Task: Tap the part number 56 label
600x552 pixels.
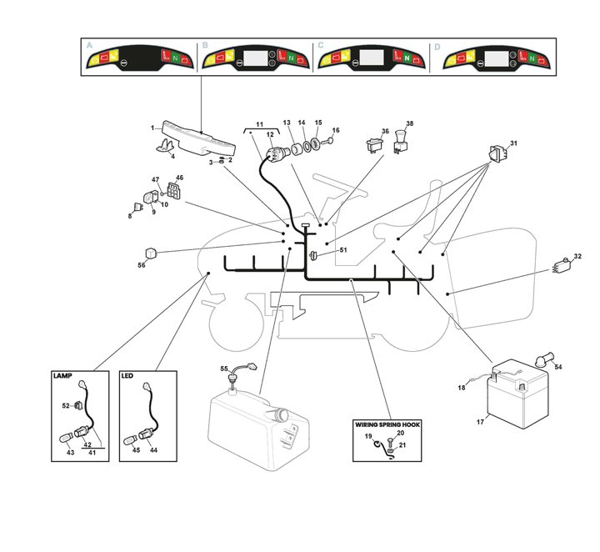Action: (x=141, y=265)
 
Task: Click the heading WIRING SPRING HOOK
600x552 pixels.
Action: (x=387, y=424)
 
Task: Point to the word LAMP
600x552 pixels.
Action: (x=63, y=376)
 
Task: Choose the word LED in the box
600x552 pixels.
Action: (x=127, y=376)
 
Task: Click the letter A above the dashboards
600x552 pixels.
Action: (x=90, y=46)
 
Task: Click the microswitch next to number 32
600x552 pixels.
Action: (x=562, y=268)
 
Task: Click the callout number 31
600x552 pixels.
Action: (x=513, y=143)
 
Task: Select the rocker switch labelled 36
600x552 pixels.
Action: (x=372, y=147)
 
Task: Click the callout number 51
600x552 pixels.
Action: (x=342, y=249)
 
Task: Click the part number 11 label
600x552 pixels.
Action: (x=259, y=123)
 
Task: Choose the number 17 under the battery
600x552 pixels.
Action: (x=480, y=422)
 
